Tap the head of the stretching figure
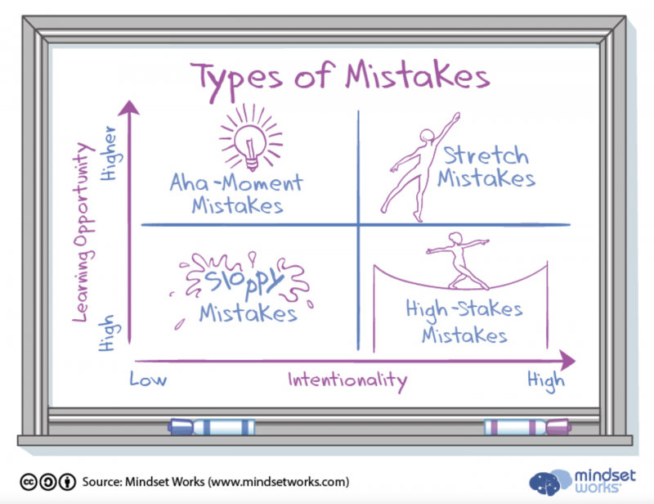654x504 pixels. coord(427,136)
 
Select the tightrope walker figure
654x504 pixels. coord(459,261)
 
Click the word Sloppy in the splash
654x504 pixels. coord(244,278)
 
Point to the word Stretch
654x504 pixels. coord(486,155)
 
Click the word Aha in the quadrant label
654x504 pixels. coord(189,182)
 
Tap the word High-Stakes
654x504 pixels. coord(464,310)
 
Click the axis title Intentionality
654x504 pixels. coord(347,380)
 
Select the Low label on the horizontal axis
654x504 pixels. coord(148,379)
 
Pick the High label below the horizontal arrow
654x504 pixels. coord(546,380)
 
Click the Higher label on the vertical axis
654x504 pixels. coord(110,153)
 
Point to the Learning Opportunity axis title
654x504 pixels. coord(83,232)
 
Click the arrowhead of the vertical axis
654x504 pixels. coord(129,107)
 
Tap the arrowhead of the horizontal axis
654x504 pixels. coord(567,360)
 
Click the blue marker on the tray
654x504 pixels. coord(212,427)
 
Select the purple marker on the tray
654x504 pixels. coord(527,427)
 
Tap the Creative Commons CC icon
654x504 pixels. coord(29,482)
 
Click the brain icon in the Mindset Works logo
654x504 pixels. coord(549,482)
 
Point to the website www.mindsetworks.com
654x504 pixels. coord(279,482)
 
